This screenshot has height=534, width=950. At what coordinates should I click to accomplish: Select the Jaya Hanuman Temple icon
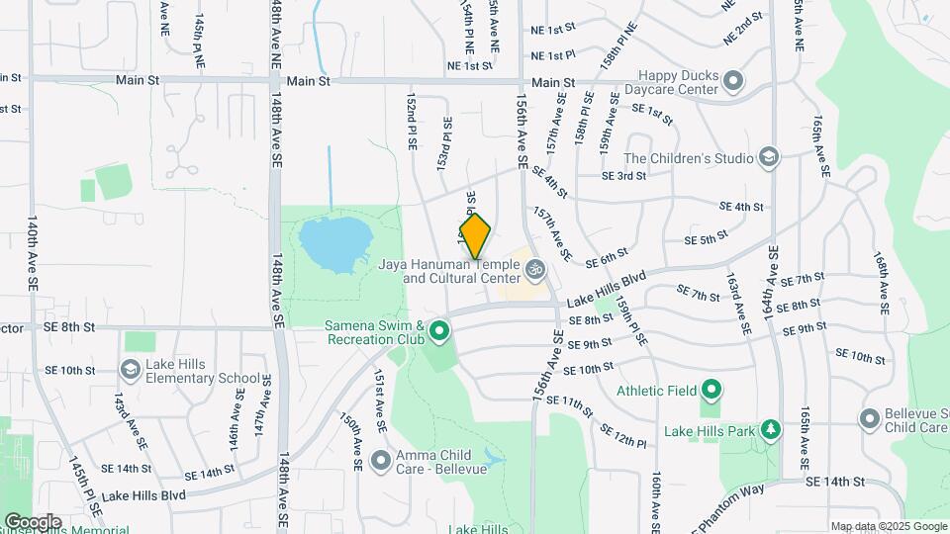point(534,268)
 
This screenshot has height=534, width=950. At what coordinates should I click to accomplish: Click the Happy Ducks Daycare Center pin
point(732,80)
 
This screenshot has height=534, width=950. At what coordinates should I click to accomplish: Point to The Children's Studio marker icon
point(768,157)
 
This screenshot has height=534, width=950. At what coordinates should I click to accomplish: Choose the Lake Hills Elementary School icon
point(130,370)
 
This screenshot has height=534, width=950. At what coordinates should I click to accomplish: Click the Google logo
point(33,521)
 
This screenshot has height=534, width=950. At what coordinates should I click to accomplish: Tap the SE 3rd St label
point(625,175)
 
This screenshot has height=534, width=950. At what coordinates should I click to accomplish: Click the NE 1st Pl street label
point(553,55)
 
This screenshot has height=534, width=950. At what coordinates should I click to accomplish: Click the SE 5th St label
point(707,239)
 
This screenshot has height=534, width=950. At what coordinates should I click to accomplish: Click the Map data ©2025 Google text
point(888,526)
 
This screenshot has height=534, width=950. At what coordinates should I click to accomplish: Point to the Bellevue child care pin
point(870,419)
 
